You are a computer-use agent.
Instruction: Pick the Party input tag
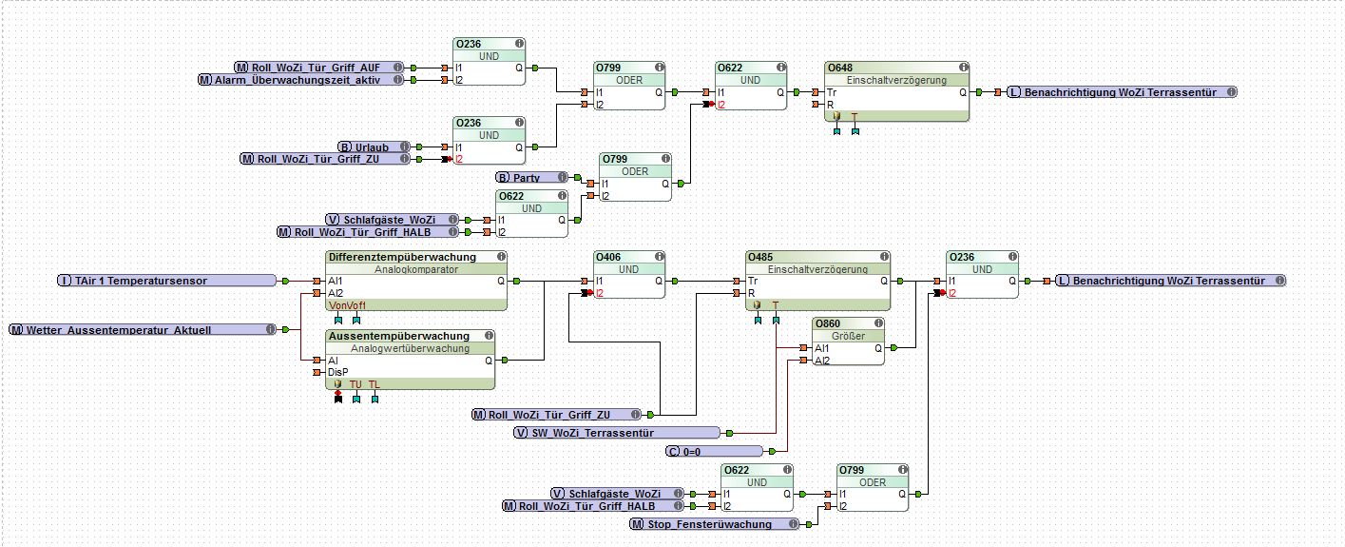coord(527,178)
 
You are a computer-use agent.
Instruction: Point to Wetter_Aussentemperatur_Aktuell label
coord(119,329)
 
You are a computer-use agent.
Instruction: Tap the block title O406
coord(609,257)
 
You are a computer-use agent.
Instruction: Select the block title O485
coord(761,257)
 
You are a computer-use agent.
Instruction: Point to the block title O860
coord(828,323)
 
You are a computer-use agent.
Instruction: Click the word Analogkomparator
coord(415,269)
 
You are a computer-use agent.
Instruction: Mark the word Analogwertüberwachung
coord(410,348)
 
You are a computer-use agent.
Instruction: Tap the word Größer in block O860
coord(849,336)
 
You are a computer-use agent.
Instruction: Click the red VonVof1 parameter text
coord(345,305)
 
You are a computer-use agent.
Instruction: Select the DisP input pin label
coord(338,372)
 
